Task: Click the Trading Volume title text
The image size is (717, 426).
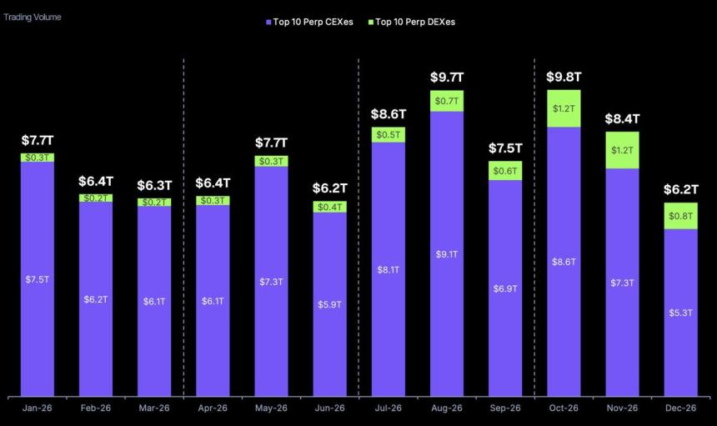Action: click(x=32, y=17)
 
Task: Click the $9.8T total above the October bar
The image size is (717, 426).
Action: click(x=564, y=77)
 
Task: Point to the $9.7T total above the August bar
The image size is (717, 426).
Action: click(x=447, y=78)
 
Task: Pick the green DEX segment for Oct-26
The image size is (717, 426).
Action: click(x=564, y=108)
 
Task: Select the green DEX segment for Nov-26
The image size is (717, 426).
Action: click(x=622, y=150)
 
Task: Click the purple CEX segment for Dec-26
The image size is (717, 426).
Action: click(x=680, y=313)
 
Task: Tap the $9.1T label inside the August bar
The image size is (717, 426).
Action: click(x=447, y=253)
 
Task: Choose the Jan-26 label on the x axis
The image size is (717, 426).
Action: click(x=38, y=408)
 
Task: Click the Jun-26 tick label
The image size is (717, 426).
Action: click(x=329, y=408)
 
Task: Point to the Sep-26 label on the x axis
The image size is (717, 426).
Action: click(x=505, y=408)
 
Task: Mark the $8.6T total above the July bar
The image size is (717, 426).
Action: click(x=389, y=114)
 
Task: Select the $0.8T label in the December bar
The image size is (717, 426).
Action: click(x=680, y=216)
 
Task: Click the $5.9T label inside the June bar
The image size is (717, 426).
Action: click(x=329, y=304)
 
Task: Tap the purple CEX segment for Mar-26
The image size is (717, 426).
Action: click(x=154, y=301)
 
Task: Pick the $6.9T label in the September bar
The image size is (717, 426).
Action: click(x=505, y=288)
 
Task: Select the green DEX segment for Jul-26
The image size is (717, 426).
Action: click(x=389, y=135)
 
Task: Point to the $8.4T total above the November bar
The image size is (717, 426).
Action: click(x=622, y=118)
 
